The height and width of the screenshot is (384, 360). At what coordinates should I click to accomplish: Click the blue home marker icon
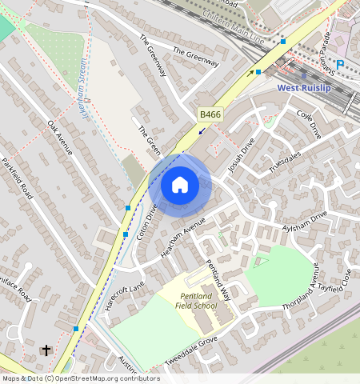click(x=180, y=186)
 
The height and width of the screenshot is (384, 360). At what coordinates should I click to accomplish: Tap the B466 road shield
click(x=210, y=115)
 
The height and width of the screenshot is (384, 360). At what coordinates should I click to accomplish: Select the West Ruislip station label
click(x=309, y=87)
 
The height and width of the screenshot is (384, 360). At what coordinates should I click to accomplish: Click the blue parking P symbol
click(x=340, y=64)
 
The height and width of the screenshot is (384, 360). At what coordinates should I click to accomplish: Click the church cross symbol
click(x=46, y=350)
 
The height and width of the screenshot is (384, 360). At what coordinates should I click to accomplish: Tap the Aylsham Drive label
click(x=306, y=222)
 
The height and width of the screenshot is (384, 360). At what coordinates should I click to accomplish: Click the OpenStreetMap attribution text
click(x=80, y=378)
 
